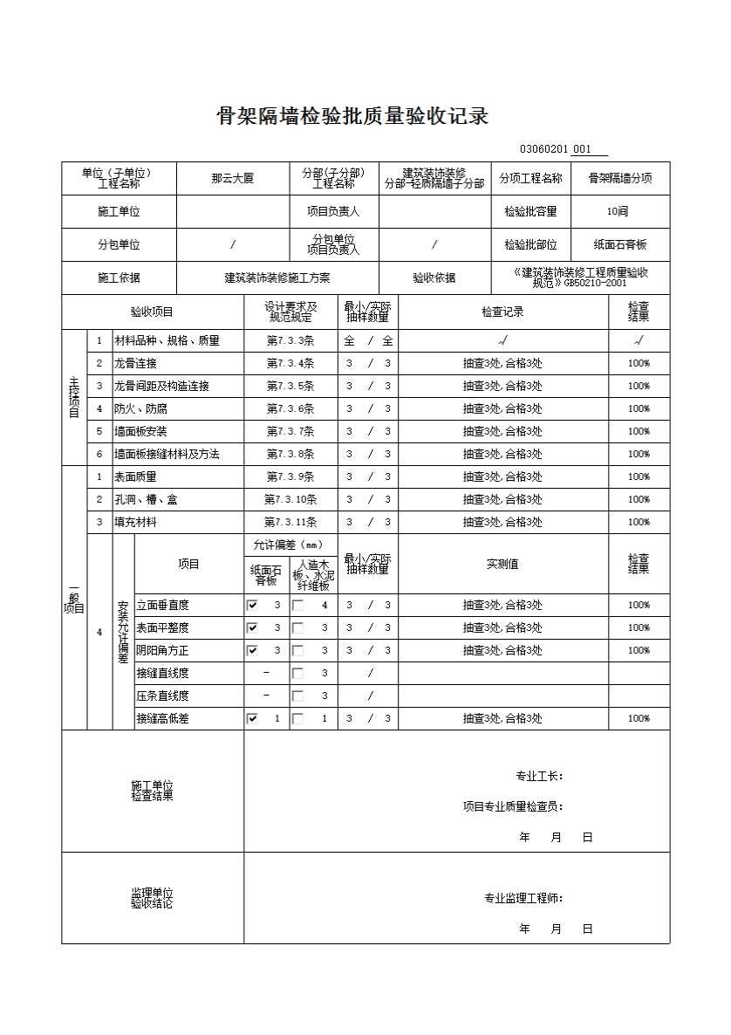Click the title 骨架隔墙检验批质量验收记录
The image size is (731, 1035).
[x=352, y=116]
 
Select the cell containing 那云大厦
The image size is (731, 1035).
[x=232, y=178]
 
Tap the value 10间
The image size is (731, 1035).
[x=618, y=211]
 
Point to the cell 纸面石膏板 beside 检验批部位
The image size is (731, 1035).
[x=620, y=245]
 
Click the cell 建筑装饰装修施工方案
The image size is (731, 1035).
[x=277, y=278]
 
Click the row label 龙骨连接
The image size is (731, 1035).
[x=135, y=363]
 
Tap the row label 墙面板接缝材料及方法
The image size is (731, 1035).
[x=167, y=454]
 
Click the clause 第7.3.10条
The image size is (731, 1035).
[x=290, y=499]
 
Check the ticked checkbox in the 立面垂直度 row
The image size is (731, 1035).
[x=252, y=605]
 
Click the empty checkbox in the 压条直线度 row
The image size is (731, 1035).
[x=297, y=696]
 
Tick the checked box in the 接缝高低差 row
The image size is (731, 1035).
[x=252, y=718]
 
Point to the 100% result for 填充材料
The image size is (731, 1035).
[x=639, y=522]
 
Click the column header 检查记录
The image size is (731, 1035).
[x=502, y=312]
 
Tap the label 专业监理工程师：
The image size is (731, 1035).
[x=523, y=898]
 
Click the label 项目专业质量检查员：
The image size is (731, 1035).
[x=512, y=806]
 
